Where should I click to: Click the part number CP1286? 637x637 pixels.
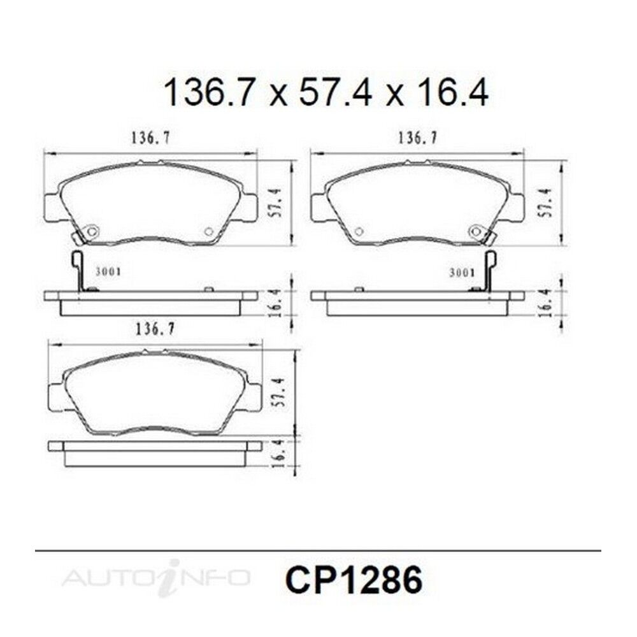[354, 580]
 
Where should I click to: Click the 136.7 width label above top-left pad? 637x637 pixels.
[150, 138]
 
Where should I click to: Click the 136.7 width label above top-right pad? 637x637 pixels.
[417, 138]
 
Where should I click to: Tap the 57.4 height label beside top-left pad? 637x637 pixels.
[278, 203]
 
